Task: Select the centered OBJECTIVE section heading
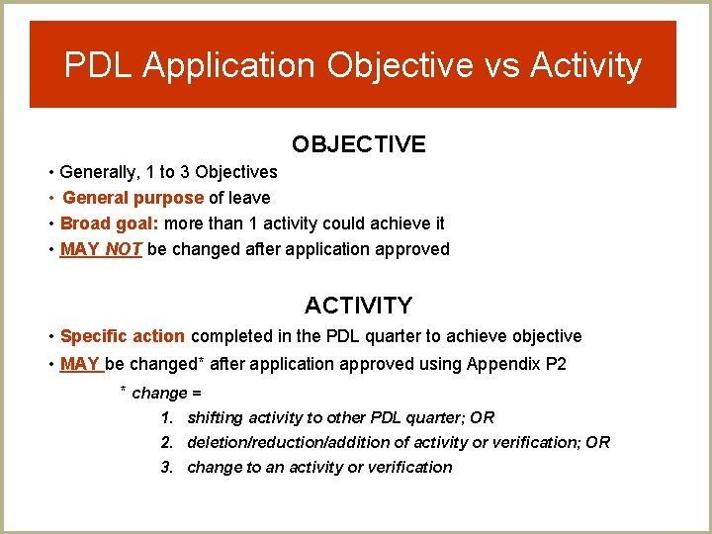358,144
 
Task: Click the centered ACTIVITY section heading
358,305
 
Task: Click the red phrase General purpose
133,198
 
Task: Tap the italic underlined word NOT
124,249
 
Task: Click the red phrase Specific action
123,336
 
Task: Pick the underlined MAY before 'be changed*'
80,364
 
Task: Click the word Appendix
507,364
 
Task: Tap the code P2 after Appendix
556,364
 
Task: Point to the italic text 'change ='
167,393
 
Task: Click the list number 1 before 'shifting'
167,417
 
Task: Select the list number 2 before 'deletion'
167,442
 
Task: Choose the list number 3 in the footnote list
167,467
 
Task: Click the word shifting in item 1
216,417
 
